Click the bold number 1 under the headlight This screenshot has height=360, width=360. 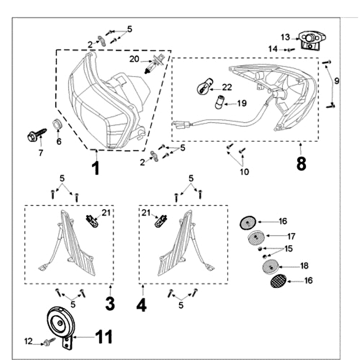[95, 168]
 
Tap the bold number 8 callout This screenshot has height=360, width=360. [301, 164]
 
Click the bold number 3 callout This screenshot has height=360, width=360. [110, 304]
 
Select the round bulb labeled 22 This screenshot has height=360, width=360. [203, 86]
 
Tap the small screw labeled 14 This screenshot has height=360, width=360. [290, 49]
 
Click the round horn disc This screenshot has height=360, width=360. [58, 322]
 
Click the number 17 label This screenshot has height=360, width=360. [291, 236]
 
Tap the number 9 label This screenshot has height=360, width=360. [337, 81]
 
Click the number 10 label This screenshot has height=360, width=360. [244, 171]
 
